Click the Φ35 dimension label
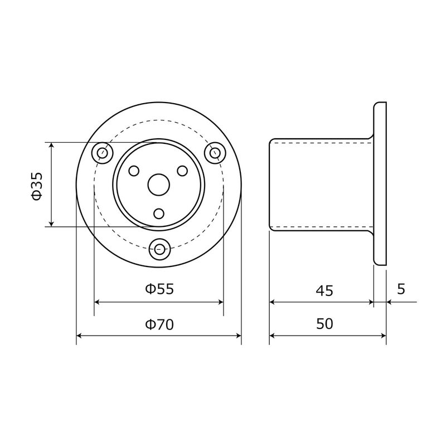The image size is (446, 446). click(37, 186)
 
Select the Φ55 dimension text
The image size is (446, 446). click(159, 289)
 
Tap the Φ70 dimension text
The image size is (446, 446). click(159, 324)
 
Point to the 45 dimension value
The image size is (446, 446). click(324, 290)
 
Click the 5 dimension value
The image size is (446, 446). click(401, 289)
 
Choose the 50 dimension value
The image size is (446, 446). click(324, 324)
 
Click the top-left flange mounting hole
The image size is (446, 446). click(103, 153)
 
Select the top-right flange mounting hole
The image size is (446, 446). click(215, 153)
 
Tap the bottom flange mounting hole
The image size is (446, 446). click(160, 249)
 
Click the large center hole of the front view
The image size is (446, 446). click(159, 185)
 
